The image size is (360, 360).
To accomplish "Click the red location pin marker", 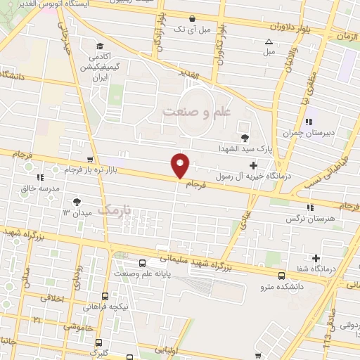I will pyautogui.click(x=181, y=165).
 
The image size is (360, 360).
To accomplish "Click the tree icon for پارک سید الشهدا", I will pyautogui.click(x=245, y=137).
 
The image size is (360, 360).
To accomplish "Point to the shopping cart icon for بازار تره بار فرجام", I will pyautogui.click(x=89, y=160).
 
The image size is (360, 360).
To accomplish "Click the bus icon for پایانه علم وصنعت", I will pyautogui.click(x=142, y=263).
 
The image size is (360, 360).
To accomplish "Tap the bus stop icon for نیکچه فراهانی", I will pyautogui.click(x=105, y=297).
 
